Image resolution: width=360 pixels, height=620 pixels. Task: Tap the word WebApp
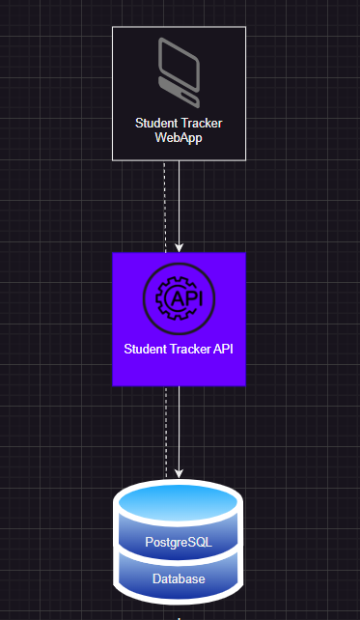(179, 138)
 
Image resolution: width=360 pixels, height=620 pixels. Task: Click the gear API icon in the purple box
(179, 298)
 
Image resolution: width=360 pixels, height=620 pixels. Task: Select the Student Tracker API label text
(179, 348)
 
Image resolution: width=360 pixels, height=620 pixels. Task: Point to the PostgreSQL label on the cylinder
(179, 542)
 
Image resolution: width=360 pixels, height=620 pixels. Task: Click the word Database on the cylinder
(179, 578)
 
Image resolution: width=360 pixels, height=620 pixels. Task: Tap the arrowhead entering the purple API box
(179, 247)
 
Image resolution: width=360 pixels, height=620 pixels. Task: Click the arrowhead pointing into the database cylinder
(179, 472)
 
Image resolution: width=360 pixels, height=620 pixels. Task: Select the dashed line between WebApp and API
(165, 203)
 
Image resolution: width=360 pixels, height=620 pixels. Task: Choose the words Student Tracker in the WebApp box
(179, 124)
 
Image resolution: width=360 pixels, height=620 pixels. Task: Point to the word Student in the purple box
(145, 348)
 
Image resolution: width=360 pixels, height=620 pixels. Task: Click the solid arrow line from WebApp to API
(179, 203)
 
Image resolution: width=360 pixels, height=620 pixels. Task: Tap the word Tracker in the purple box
(189, 348)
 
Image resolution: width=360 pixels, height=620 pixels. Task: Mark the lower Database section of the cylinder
(179, 579)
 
